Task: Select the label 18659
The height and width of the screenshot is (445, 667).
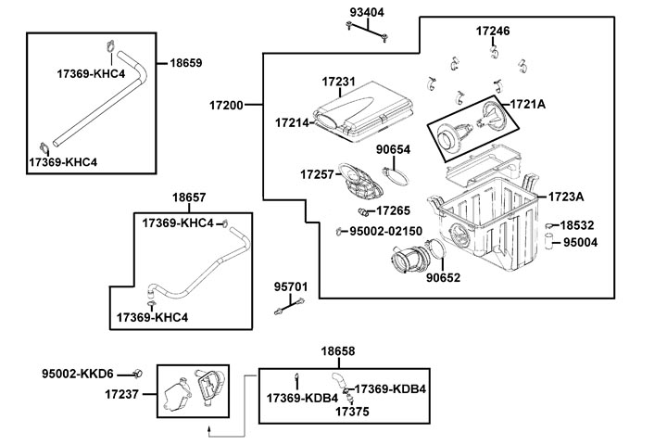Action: point(185,63)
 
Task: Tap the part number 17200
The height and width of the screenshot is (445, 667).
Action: point(226,106)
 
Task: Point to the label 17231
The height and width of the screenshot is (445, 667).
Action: point(339,83)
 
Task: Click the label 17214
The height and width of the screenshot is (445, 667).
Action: point(292,122)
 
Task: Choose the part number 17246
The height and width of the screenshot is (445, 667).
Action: point(493,31)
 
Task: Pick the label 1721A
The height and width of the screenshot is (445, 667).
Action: point(528,105)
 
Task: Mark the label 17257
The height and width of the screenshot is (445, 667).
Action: point(317,173)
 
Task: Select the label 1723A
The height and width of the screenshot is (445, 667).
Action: point(565,197)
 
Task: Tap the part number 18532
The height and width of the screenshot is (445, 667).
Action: point(578,225)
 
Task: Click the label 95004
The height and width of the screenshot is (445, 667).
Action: point(581,243)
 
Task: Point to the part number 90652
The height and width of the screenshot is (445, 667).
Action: point(443,275)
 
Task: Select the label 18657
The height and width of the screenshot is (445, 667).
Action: point(189,197)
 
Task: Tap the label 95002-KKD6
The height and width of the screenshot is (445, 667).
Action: point(78,374)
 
